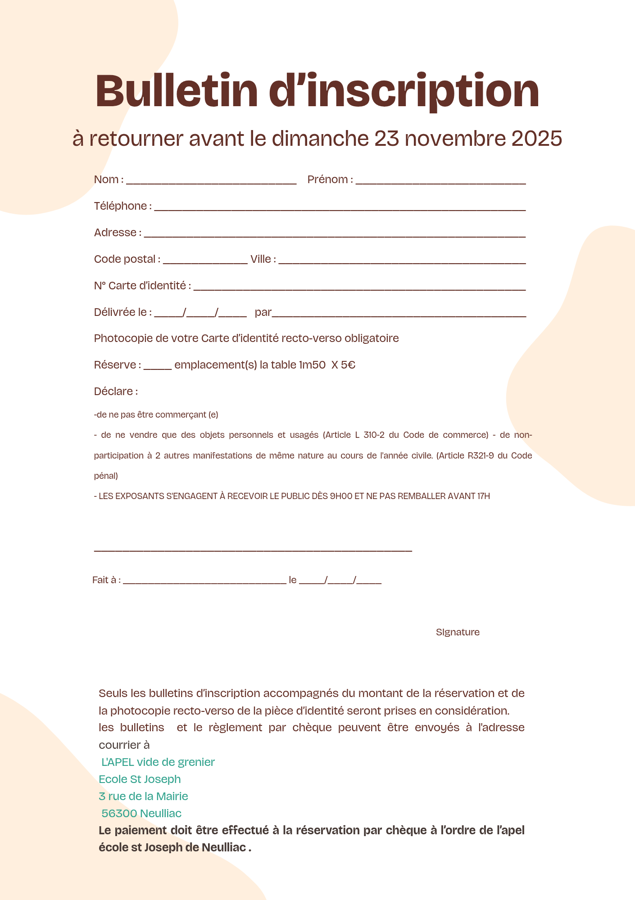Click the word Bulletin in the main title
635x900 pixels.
tap(177, 91)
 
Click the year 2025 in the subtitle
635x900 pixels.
tap(536, 138)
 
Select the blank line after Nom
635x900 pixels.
tap(211, 182)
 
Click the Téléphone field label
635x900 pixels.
tap(120, 206)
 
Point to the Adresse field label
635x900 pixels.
tap(115, 233)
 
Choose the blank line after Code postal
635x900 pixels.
tap(205, 261)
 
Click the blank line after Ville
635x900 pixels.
tap(402, 261)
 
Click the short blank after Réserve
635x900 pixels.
tap(158, 367)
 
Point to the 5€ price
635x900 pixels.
tap(348, 365)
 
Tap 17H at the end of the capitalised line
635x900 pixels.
tap(483, 496)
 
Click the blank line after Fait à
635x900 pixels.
tap(204, 582)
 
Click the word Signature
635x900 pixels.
tap(458, 632)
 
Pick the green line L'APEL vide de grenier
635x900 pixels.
tap(158, 762)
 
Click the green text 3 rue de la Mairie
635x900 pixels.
tap(143, 796)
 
